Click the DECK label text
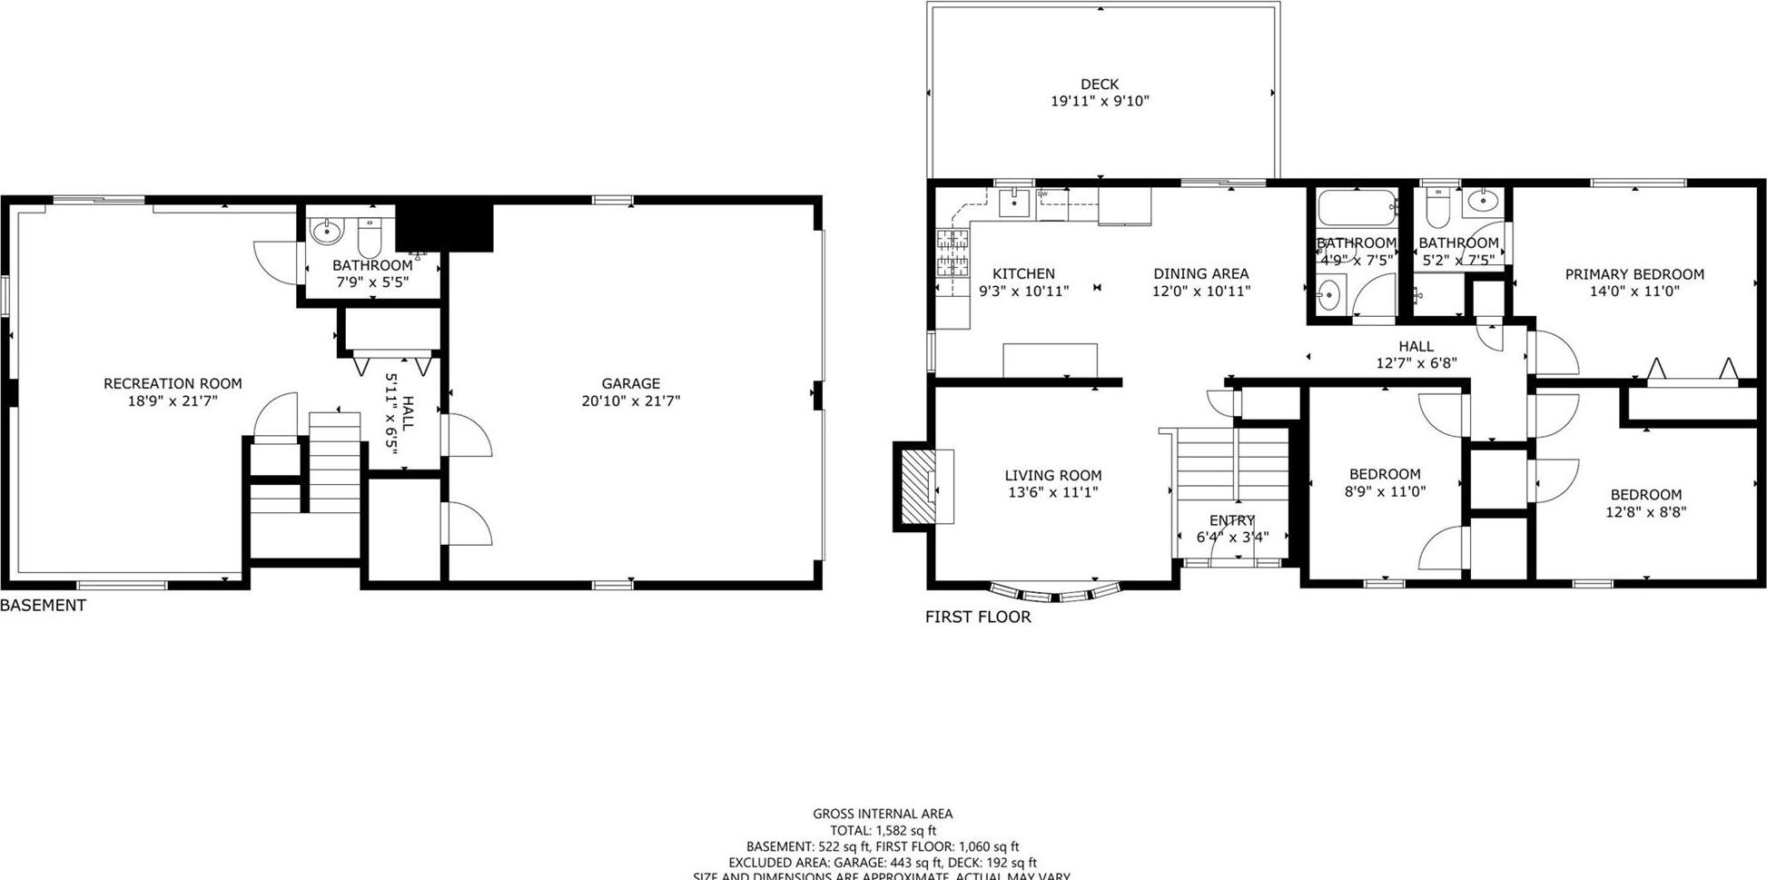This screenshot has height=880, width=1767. (x=1099, y=84)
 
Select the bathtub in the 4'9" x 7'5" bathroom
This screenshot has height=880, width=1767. (x=1356, y=209)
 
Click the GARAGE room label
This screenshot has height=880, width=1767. (x=630, y=383)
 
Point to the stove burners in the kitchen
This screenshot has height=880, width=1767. (x=953, y=252)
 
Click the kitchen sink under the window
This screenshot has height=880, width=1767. (x=1013, y=203)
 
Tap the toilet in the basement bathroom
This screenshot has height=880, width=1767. (x=369, y=238)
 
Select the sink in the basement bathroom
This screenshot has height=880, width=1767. (x=326, y=232)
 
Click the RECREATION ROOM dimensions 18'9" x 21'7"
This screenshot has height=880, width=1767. (x=173, y=400)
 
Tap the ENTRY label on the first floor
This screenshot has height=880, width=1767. (x=1231, y=520)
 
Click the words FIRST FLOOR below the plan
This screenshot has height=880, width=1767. (x=978, y=617)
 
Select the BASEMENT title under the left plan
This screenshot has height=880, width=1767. (x=44, y=605)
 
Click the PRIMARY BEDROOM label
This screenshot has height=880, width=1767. (x=1634, y=274)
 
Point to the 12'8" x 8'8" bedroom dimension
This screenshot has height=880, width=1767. (x=1645, y=511)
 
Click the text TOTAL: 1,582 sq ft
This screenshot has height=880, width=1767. (x=882, y=830)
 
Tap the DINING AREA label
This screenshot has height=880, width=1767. (x=1200, y=273)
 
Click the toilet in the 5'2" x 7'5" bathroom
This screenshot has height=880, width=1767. (x=1436, y=209)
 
